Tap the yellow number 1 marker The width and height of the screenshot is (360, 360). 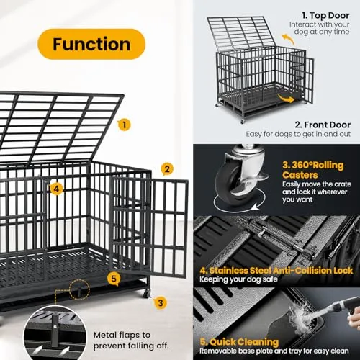(125, 124)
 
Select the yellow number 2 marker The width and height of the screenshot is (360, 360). (167, 170)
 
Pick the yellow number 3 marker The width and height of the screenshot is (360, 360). (161, 303)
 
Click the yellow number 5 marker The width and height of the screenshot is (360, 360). (113, 278)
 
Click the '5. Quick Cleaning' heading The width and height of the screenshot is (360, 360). (239, 342)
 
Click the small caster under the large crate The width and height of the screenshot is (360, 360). (147, 292)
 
